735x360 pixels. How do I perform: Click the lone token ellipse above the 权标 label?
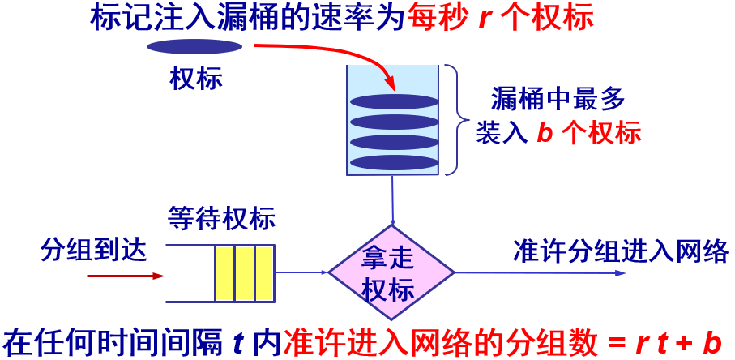(194, 46)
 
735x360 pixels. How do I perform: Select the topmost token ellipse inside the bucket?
(393, 102)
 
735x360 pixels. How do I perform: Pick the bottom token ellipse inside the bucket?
(393, 161)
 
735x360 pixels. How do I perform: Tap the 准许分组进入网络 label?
(621, 251)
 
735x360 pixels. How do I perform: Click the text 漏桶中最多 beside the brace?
(559, 100)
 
